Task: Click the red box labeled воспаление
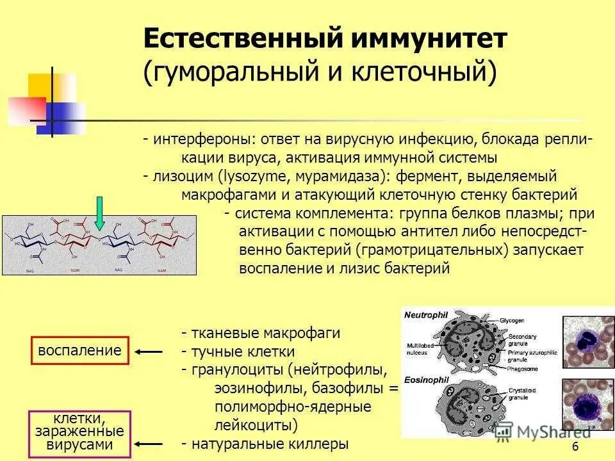click(79, 350)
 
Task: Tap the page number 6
click(575, 446)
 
